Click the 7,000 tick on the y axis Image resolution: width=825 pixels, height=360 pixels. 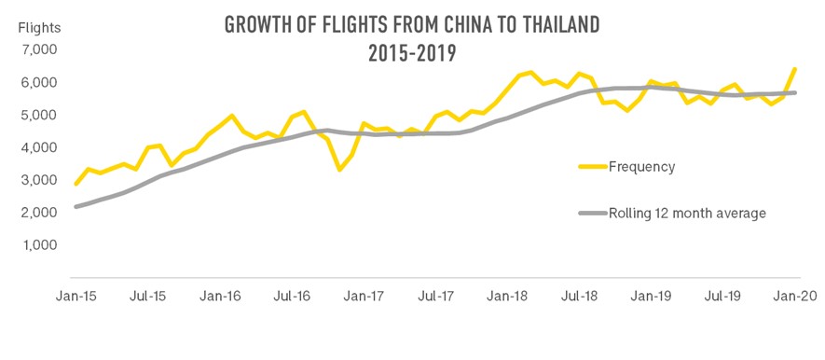[38, 49]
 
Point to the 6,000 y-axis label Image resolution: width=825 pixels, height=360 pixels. [38, 82]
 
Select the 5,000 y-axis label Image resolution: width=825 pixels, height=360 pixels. [38, 115]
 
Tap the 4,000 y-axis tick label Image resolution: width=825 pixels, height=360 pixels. [38, 147]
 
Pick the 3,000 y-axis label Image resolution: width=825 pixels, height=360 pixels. [38, 180]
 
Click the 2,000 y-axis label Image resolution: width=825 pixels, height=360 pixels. [38, 213]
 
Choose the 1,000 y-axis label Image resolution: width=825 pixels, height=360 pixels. [38, 245]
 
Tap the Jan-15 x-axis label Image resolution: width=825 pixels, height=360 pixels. [76, 296]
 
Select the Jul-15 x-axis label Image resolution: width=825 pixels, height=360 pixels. [147, 296]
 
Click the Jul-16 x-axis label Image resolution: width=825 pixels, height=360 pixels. [292, 296]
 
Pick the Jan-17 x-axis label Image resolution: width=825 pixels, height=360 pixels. [364, 296]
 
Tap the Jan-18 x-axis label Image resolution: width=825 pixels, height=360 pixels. [509, 296]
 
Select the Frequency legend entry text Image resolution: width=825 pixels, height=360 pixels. [641, 167]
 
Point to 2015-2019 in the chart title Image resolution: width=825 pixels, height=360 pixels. [413, 52]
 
